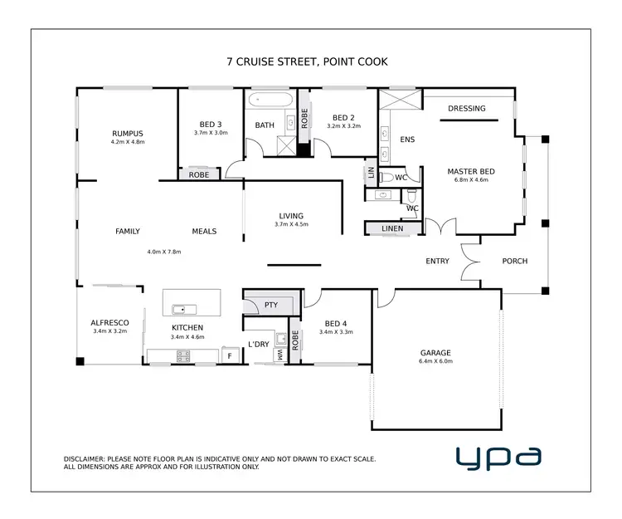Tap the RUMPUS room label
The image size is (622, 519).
click(128, 133)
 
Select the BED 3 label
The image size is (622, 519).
click(210, 124)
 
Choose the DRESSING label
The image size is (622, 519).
click(467, 108)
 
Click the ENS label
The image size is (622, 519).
click(407, 140)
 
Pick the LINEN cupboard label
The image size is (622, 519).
click(392, 228)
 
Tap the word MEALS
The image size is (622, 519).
click(204, 231)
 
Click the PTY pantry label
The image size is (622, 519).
click(271, 305)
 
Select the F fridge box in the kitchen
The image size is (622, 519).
click(230, 355)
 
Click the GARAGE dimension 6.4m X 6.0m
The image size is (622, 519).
click(436, 361)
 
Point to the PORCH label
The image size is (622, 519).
click(514, 261)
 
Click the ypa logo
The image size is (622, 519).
click(498, 456)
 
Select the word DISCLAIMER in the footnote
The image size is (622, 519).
click(84, 458)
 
